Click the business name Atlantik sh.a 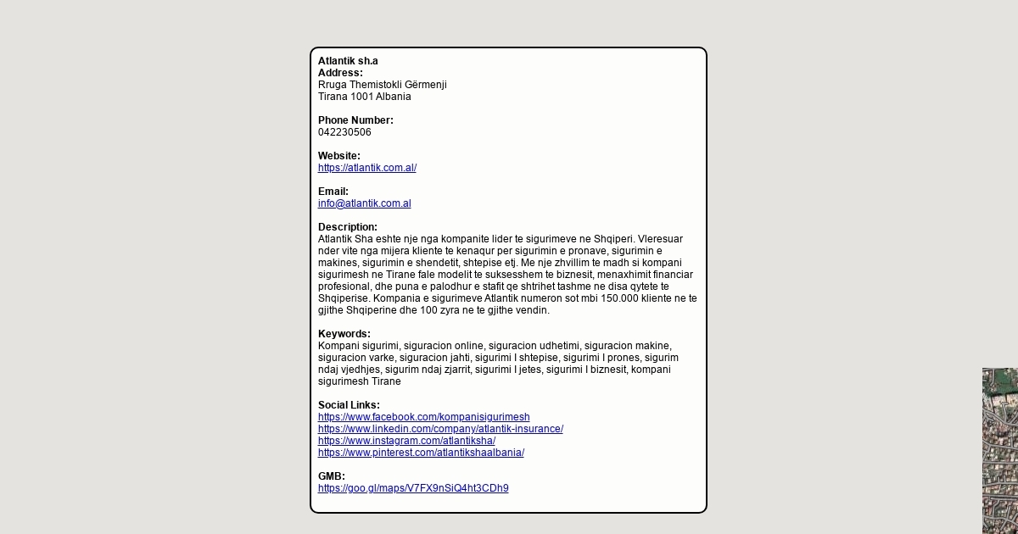pyautogui.click(x=348, y=61)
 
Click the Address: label pyautogui.click(x=340, y=73)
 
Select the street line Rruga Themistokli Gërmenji pyautogui.click(x=382, y=85)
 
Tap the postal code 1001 pyautogui.click(x=361, y=97)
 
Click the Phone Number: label pyautogui.click(x=355, y=120)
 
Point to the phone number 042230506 pyautogui.click(x=344, y=132)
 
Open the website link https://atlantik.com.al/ pyautogui.click(x=367, y=168)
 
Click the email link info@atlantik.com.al pyautogui.click(x=365, y=203)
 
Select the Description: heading pyautogui.click(x=348, y=227)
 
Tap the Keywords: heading pyautogui.click(x=344, y=334)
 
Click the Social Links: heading pyautogui.click(x=349, y=405)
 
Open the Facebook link pyautogui.click(x=424, y=417)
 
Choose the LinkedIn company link pyautogui.click(x=440, y=429)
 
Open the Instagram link pyautogui.click(x=406, y=441)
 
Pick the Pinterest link pyautogui.click(x=421, y=453)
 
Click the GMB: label pyautogui.click(x=332, y=476)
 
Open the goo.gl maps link pyautogui.click(x=413, y=488)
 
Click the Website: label pyautogui.click(x=339, y=156)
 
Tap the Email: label pyautogui.click(x=333, y=192)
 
